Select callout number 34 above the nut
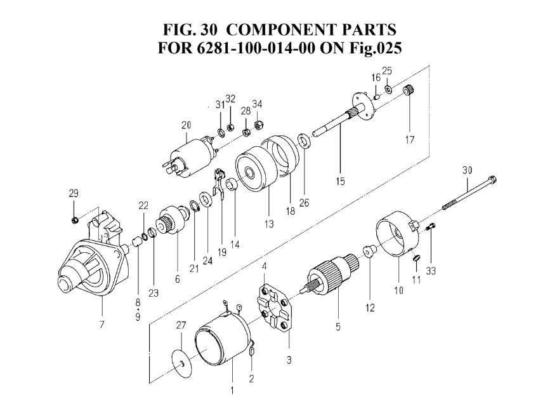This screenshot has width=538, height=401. click(x=257, y=104)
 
